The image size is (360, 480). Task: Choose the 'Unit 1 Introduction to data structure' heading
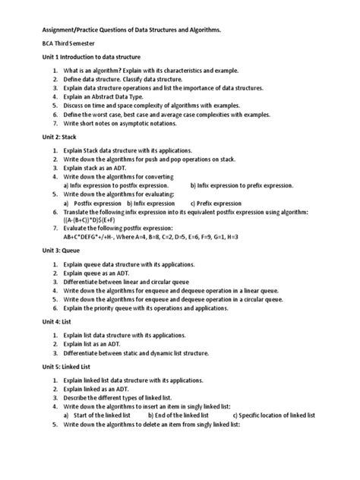pyautogui.click(x=91, y=57)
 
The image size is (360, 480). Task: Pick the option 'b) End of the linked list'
pyautogui.click(x=178, y=415)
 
